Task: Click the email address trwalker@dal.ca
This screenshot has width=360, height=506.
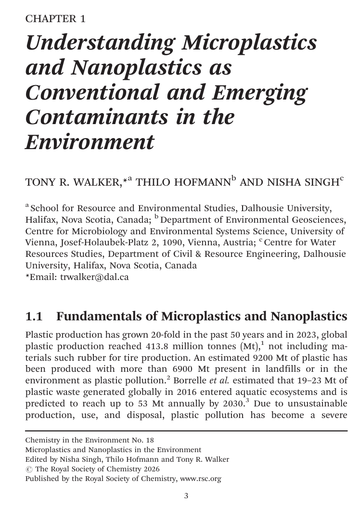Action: [x=94, y=277]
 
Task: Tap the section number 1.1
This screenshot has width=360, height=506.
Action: [x=34, y=316]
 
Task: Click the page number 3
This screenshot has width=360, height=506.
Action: [x=186, y=496]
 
